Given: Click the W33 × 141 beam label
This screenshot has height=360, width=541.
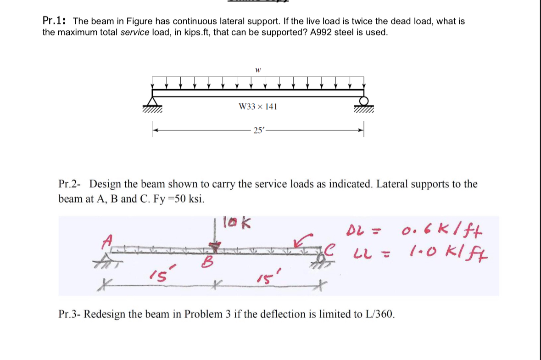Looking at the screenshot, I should [258, 107].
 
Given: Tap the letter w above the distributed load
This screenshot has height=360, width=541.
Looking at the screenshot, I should [258, 70].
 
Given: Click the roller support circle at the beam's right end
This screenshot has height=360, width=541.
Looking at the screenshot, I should [364, 101].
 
